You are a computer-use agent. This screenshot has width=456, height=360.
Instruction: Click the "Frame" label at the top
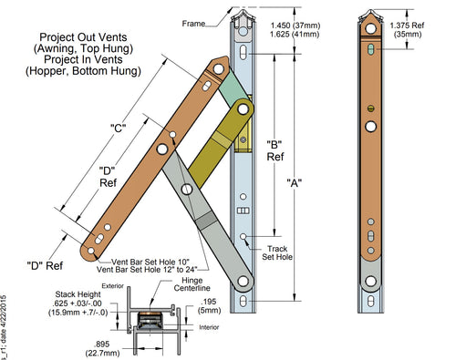[194, 22]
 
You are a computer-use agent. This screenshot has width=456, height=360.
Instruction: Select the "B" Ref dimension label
[274, 151]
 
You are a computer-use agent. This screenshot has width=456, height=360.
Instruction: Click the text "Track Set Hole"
[277, 252]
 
